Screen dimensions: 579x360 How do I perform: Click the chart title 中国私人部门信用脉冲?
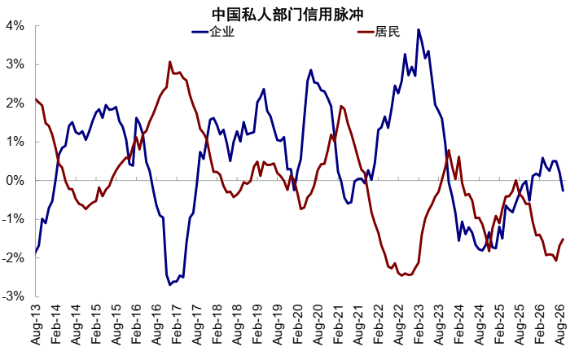click(x=287, y=15)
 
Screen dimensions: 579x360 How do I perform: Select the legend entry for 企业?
click(x=213, y=32)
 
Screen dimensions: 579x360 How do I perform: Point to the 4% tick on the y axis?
click(x=14, y=26)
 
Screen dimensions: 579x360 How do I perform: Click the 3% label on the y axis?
click(x=14, y=64)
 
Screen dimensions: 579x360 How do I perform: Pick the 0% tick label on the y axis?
click(x=14, y=181)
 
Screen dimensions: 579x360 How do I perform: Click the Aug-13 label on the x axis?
click(x=36, y=324)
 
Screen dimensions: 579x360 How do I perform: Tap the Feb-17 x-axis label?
click(x=177, y=324)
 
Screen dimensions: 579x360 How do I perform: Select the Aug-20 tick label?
click(x=318, y=324)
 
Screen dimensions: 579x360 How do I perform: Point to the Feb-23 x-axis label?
click(x=419, y=324)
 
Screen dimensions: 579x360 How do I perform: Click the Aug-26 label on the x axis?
click(x=560, y=324)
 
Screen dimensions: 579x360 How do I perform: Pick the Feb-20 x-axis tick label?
click(x=297, y=324)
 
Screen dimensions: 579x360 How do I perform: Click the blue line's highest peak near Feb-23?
click(x=419, y=29)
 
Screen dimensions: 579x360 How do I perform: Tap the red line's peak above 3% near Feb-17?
click(x=170, y=62)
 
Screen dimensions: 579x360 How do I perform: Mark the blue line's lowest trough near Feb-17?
click(x=170, y=285)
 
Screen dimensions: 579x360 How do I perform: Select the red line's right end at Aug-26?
click(x=564, y=239)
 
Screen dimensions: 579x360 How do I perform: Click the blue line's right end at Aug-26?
click(x=564, y=191)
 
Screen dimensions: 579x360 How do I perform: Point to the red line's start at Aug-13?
click(x=36, y=99)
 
